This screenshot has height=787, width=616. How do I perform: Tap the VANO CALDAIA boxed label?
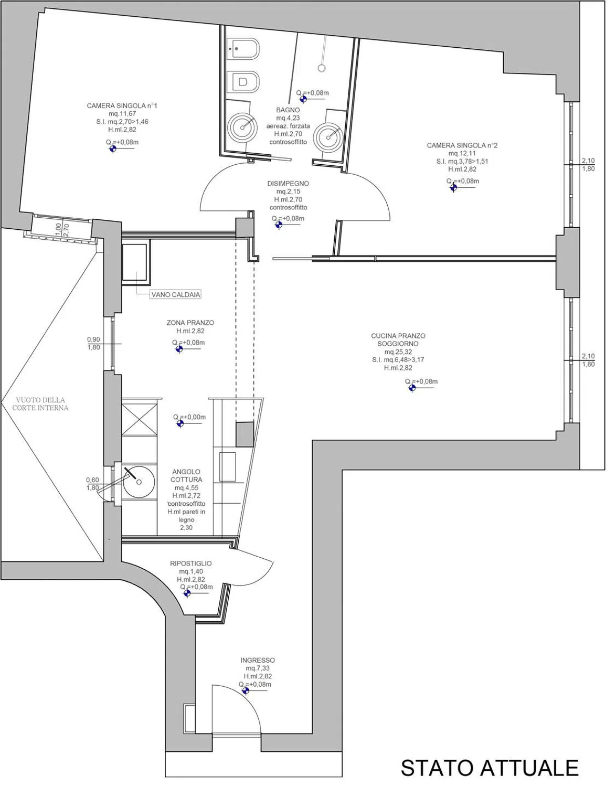pos(176,294)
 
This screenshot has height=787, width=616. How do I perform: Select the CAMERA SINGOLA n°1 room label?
pos(122,106)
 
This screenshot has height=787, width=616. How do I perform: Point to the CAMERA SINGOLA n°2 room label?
pos(462,145)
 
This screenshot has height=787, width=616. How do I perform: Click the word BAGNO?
pos(288,110)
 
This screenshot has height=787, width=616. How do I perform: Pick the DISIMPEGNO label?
pos(288,184)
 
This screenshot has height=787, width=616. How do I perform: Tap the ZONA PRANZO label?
pos(190,323)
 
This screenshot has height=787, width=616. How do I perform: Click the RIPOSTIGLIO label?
pos(191,563)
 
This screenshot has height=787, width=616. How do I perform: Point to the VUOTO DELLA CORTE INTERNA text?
pos(40,404)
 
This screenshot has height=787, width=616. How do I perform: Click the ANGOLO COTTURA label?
pos(186,475)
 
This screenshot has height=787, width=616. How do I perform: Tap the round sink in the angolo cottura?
pos(139,482)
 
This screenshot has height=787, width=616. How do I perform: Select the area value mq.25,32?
pos(398,352)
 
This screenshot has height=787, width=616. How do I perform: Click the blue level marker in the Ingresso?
pos(246,690)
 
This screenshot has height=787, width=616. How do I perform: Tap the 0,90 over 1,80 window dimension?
pos(93,343)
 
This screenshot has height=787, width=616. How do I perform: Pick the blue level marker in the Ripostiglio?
pos(187,593)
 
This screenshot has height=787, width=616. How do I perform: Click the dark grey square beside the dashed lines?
pos(245,434)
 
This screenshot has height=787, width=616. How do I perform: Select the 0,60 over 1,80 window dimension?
pos(92,484)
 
